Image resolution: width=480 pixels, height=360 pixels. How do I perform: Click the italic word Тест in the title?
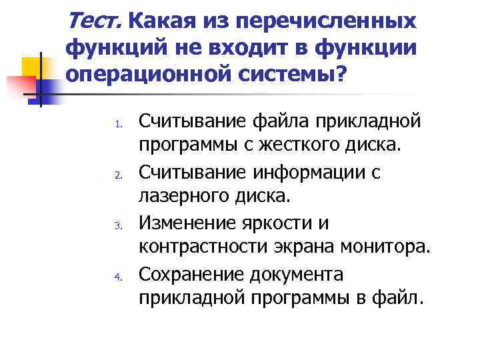pos(95,21)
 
